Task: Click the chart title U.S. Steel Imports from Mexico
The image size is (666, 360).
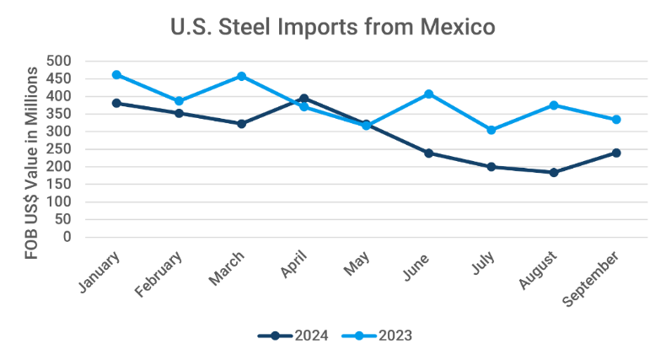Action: click(333, 27)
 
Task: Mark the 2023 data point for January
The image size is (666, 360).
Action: click(116, 75)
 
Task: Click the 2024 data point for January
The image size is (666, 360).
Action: click(116, 103)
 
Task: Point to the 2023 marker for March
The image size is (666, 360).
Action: click(241, 76)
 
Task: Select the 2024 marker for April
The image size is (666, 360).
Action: click(304, 99)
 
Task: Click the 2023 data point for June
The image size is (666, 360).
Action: click(429, 94)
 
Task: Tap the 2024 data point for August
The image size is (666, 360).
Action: click(554, 172)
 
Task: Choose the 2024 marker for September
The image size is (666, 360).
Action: click(616, 153)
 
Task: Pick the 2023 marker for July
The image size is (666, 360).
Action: click(491, 130)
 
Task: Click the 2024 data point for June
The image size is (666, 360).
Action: click(429, 153)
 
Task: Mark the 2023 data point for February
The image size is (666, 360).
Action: click(179, 101)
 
